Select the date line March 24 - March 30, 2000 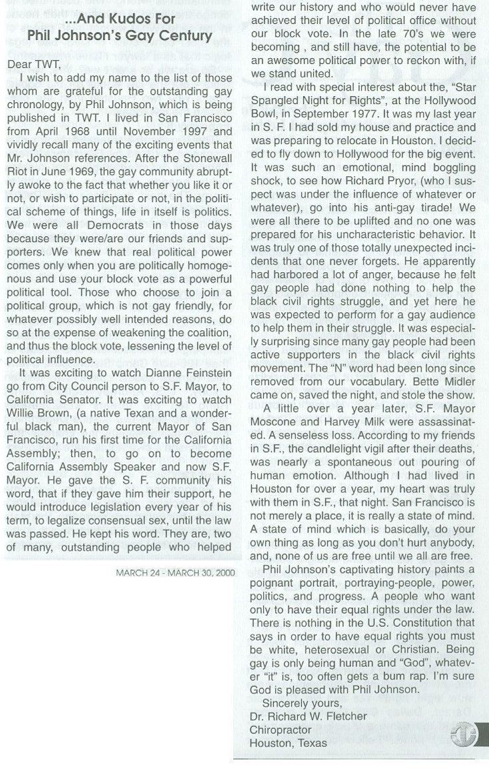click(175, 571)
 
